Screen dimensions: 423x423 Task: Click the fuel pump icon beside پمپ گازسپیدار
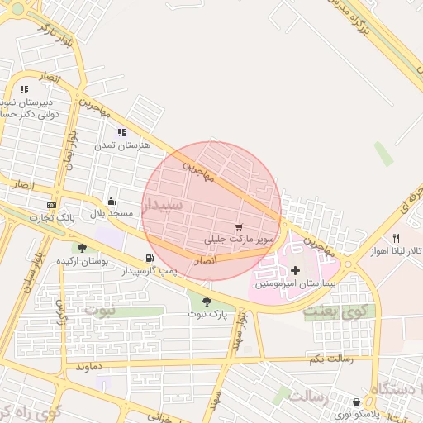pos(149,259)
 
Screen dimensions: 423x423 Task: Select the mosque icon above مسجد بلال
pos(112,201)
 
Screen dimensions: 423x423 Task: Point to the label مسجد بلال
pos(112,213)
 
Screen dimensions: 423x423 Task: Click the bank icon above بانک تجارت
pos(52,205)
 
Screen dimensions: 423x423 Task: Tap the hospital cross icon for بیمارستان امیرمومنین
pos(295,270)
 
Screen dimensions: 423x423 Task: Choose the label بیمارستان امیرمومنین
pos(296,283)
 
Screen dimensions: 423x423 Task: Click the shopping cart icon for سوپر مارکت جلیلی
pos(239,226)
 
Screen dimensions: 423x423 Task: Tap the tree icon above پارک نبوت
pos(206,302)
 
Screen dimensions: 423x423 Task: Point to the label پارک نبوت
pos(207,315)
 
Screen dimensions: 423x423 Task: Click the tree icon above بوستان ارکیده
pos(81,247)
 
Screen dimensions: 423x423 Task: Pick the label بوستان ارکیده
pos(83,260)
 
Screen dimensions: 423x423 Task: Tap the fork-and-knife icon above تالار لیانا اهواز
pos(397,239)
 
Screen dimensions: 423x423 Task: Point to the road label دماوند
pos(88,364)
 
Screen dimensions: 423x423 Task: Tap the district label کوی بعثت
pos(339,313)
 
